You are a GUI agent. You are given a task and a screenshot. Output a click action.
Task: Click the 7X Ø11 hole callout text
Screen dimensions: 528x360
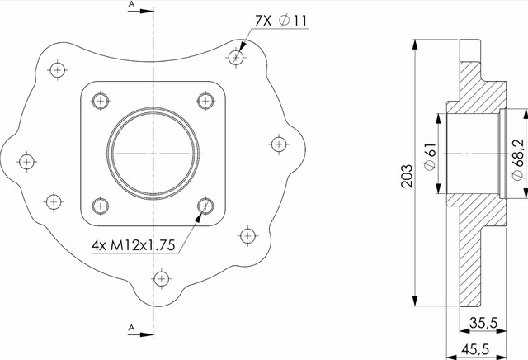click(281, 21)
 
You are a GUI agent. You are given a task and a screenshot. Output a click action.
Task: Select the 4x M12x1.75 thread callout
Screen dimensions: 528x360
click(134, 245)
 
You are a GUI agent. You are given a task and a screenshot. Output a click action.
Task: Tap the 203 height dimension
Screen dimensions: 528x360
click(407, 176)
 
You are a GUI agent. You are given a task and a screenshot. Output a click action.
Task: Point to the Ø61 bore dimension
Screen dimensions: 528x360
click(430, 156)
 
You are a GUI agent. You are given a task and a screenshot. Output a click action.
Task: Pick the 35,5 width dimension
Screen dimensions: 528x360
click(483, 323)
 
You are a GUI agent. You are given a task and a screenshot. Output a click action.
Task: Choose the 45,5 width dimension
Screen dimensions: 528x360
click(475, 349)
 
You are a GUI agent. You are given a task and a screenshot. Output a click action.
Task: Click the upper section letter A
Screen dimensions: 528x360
click(131, 4)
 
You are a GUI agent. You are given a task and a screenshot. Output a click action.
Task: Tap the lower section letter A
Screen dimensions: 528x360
click(131, 327)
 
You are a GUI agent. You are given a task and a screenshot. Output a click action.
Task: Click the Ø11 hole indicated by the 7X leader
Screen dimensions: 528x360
click(236, 57)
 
